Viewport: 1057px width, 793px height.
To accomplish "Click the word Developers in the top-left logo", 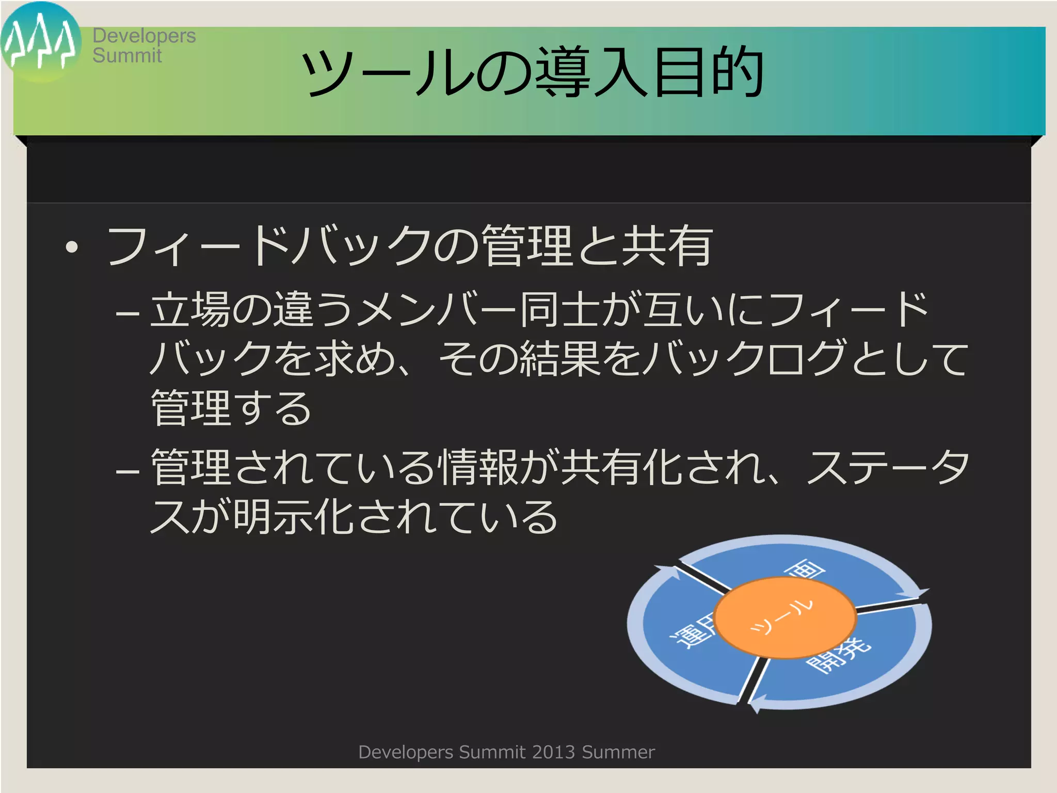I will pos(144,36).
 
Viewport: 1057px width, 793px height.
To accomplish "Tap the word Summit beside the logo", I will pos(127,56).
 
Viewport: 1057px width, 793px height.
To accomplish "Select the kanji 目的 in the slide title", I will pos(709,72).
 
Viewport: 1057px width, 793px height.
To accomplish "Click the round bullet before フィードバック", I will pos(72,247).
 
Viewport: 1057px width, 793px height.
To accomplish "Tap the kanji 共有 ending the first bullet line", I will pos(667,246).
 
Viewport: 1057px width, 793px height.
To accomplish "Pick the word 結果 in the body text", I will pos(559,358).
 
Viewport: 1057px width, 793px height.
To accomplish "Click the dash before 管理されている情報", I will pos(127,471).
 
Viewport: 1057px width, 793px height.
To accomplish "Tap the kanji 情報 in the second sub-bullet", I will pos(478,467).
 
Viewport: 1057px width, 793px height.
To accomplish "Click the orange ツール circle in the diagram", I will pos(784,617).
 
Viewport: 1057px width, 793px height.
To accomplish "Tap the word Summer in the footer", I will pos(618,752).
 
